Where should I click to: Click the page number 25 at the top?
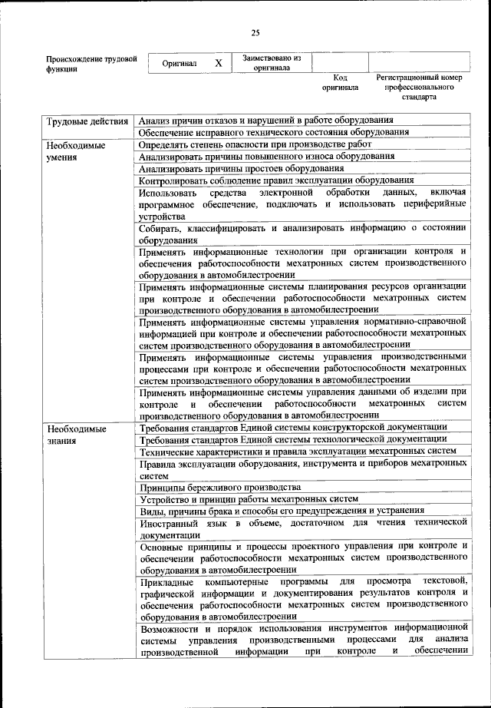255,31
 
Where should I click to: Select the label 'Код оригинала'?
340,82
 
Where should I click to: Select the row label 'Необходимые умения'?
75,151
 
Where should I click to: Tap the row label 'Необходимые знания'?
75,435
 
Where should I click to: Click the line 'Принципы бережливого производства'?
219,487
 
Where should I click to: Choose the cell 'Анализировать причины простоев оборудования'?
241,168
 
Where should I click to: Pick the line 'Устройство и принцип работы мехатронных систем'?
249,498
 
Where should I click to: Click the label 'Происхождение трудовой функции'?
91,63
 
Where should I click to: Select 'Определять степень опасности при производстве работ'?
255,144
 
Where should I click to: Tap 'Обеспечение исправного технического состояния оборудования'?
273,132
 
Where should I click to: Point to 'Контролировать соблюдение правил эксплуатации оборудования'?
276,180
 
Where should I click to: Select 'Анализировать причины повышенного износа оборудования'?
262,156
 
